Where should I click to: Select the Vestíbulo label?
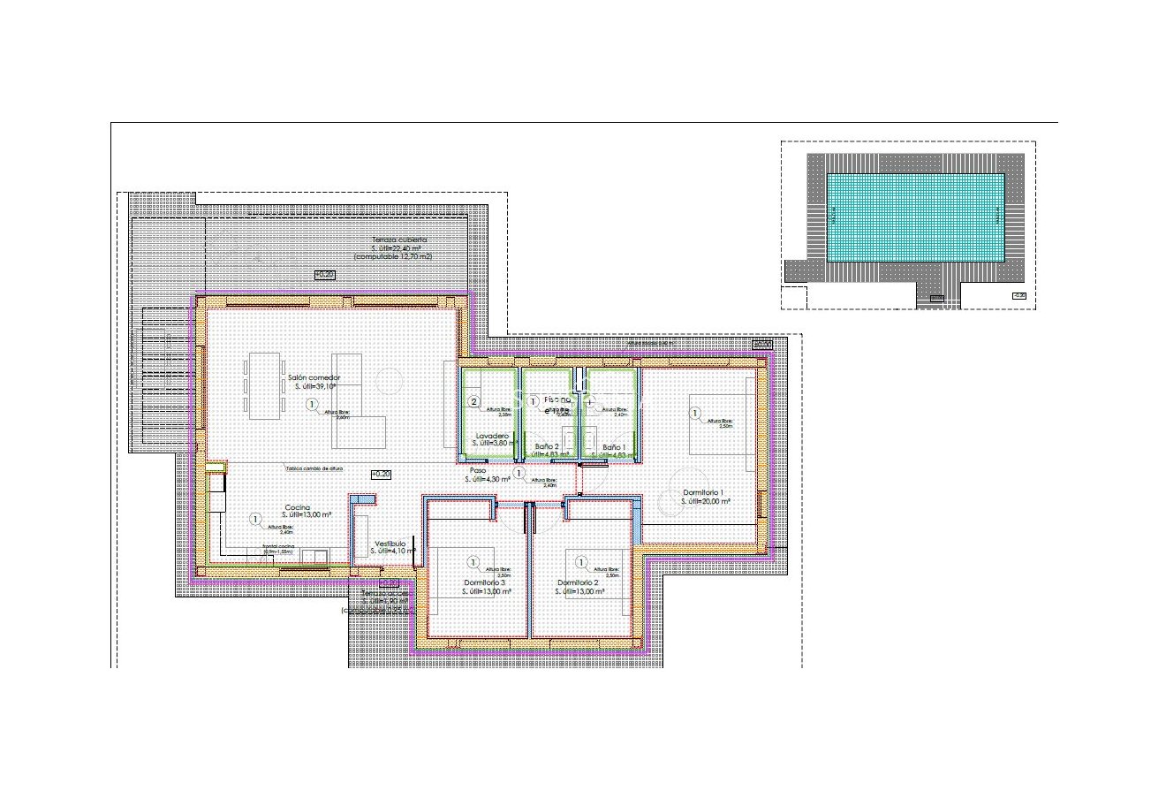point(390,544)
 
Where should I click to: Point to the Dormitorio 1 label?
point(704,492)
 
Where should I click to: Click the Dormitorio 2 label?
point(579,583)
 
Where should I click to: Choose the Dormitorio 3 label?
point(485,583)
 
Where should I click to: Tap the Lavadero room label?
point(491,437)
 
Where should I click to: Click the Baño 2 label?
point(548,447)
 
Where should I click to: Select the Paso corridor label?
point(478,470)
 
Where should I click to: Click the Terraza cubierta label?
point(399,240)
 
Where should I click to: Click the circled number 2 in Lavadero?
point(473,402)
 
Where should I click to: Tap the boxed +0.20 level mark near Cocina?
point(381,475)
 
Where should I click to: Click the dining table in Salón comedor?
point(264,385)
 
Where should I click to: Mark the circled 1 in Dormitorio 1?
point(695,413)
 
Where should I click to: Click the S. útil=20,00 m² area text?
point(706,501)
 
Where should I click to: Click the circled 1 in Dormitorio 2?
point(581,561)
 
